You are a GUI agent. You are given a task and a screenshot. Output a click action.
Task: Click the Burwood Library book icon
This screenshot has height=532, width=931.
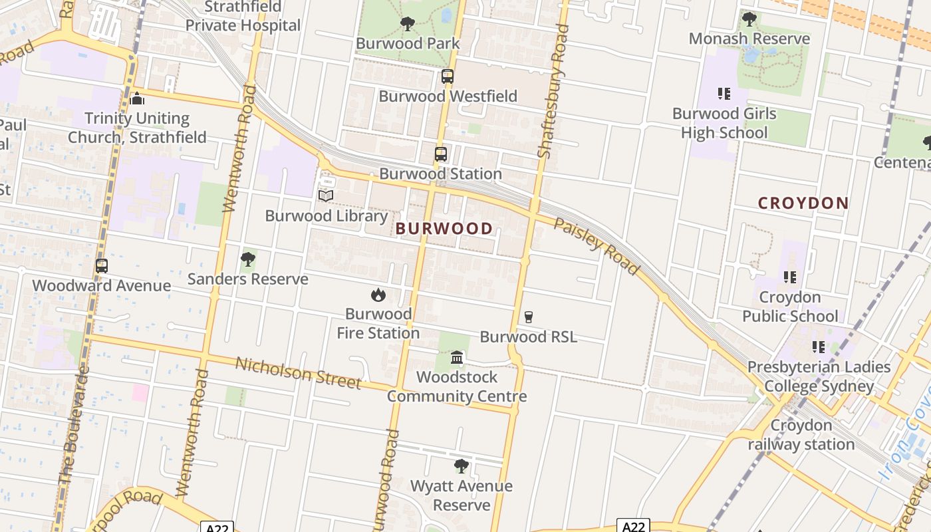326,196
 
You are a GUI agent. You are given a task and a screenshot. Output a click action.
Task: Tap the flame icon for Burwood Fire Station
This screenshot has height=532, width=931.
378,294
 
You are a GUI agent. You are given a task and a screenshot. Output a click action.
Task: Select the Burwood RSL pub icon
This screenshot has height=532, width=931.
529,317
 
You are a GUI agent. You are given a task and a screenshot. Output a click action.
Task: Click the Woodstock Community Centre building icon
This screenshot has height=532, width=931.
457,358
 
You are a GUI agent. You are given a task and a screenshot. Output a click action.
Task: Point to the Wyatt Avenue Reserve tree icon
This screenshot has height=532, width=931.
461,466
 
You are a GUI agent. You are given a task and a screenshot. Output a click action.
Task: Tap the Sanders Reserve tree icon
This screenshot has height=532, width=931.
248,259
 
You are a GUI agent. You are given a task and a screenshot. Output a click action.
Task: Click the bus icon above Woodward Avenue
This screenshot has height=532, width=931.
102,266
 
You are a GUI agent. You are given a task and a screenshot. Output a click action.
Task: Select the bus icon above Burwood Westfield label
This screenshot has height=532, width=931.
448,76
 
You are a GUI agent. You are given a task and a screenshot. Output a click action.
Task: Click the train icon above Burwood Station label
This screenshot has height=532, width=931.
441,154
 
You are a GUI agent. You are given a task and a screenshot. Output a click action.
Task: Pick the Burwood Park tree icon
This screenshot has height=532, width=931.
408,25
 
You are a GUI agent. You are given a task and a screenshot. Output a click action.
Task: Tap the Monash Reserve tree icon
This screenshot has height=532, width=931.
749,19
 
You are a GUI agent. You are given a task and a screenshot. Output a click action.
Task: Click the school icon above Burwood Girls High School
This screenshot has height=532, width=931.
724,94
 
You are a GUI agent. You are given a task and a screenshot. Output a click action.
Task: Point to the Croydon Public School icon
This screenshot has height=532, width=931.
790,277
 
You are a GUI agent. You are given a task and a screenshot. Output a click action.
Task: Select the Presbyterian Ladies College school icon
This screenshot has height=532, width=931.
818,347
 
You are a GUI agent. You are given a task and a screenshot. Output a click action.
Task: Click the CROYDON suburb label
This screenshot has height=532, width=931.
803,203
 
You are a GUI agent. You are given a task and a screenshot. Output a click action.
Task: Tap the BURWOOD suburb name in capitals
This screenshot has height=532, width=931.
444,229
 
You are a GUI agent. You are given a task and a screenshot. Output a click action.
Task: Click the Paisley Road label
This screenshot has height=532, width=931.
597,245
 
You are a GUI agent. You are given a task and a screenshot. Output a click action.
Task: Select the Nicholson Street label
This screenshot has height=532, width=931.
298,373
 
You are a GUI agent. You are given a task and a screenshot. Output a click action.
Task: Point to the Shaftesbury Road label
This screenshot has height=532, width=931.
553,91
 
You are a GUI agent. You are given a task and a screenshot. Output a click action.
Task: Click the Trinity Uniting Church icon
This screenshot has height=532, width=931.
138,99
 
